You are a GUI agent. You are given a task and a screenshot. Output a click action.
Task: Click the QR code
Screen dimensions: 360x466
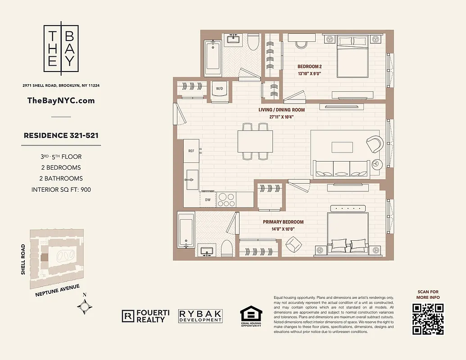[428, 319]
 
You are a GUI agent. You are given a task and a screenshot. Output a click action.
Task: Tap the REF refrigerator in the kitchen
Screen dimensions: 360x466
[191, 151]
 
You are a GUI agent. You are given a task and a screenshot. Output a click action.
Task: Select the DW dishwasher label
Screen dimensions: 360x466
[207, 199]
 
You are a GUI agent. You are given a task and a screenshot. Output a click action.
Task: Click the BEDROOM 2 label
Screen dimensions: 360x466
[309, 67]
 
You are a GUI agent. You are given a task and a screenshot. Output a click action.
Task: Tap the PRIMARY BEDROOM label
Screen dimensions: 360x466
[283, 222]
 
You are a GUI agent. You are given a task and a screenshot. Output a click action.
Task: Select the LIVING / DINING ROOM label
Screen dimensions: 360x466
[281, 110]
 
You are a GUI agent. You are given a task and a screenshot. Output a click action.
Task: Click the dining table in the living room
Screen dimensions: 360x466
[255, 141]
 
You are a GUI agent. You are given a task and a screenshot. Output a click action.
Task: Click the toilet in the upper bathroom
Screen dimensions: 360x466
[253, 43]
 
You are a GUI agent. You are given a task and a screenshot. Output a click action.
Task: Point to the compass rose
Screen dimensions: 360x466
[85, 306]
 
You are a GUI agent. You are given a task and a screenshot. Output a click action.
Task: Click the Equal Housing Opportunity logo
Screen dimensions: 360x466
[250, 315]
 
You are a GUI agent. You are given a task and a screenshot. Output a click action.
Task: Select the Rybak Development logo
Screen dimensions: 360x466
[200, 316]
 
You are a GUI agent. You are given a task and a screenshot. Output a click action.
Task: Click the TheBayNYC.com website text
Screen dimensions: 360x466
[61, 101]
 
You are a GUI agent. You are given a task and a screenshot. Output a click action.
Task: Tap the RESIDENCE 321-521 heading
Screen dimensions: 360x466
[61, 135]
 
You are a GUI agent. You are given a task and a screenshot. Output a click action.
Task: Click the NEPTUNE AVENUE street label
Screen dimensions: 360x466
[57, 291]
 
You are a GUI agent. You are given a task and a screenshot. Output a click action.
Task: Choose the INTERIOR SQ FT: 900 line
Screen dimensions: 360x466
[61, 189]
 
